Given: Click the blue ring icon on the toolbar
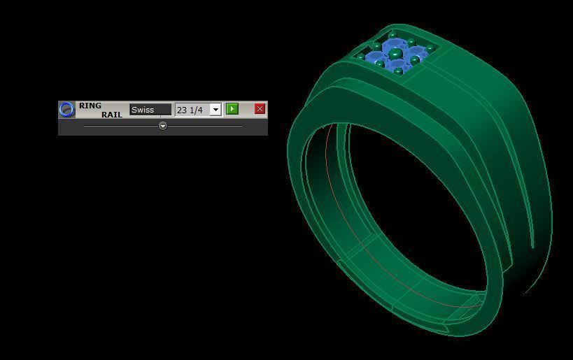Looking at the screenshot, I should point(66,110).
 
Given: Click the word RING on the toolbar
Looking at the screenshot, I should point(90,106).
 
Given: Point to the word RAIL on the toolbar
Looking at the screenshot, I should point(111,114).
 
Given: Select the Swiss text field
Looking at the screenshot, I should point(150,110).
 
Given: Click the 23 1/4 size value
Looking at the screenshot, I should point(191,110).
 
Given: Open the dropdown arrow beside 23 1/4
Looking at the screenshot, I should point(215,110).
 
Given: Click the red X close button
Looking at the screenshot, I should point(260,108).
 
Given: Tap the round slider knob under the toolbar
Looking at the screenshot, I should point(162,126).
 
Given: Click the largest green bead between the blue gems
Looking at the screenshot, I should point(395,53).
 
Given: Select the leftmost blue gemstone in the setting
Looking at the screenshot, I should point(376,59).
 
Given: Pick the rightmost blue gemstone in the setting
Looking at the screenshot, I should point(418,53).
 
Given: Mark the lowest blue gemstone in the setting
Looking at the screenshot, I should point(399,66).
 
